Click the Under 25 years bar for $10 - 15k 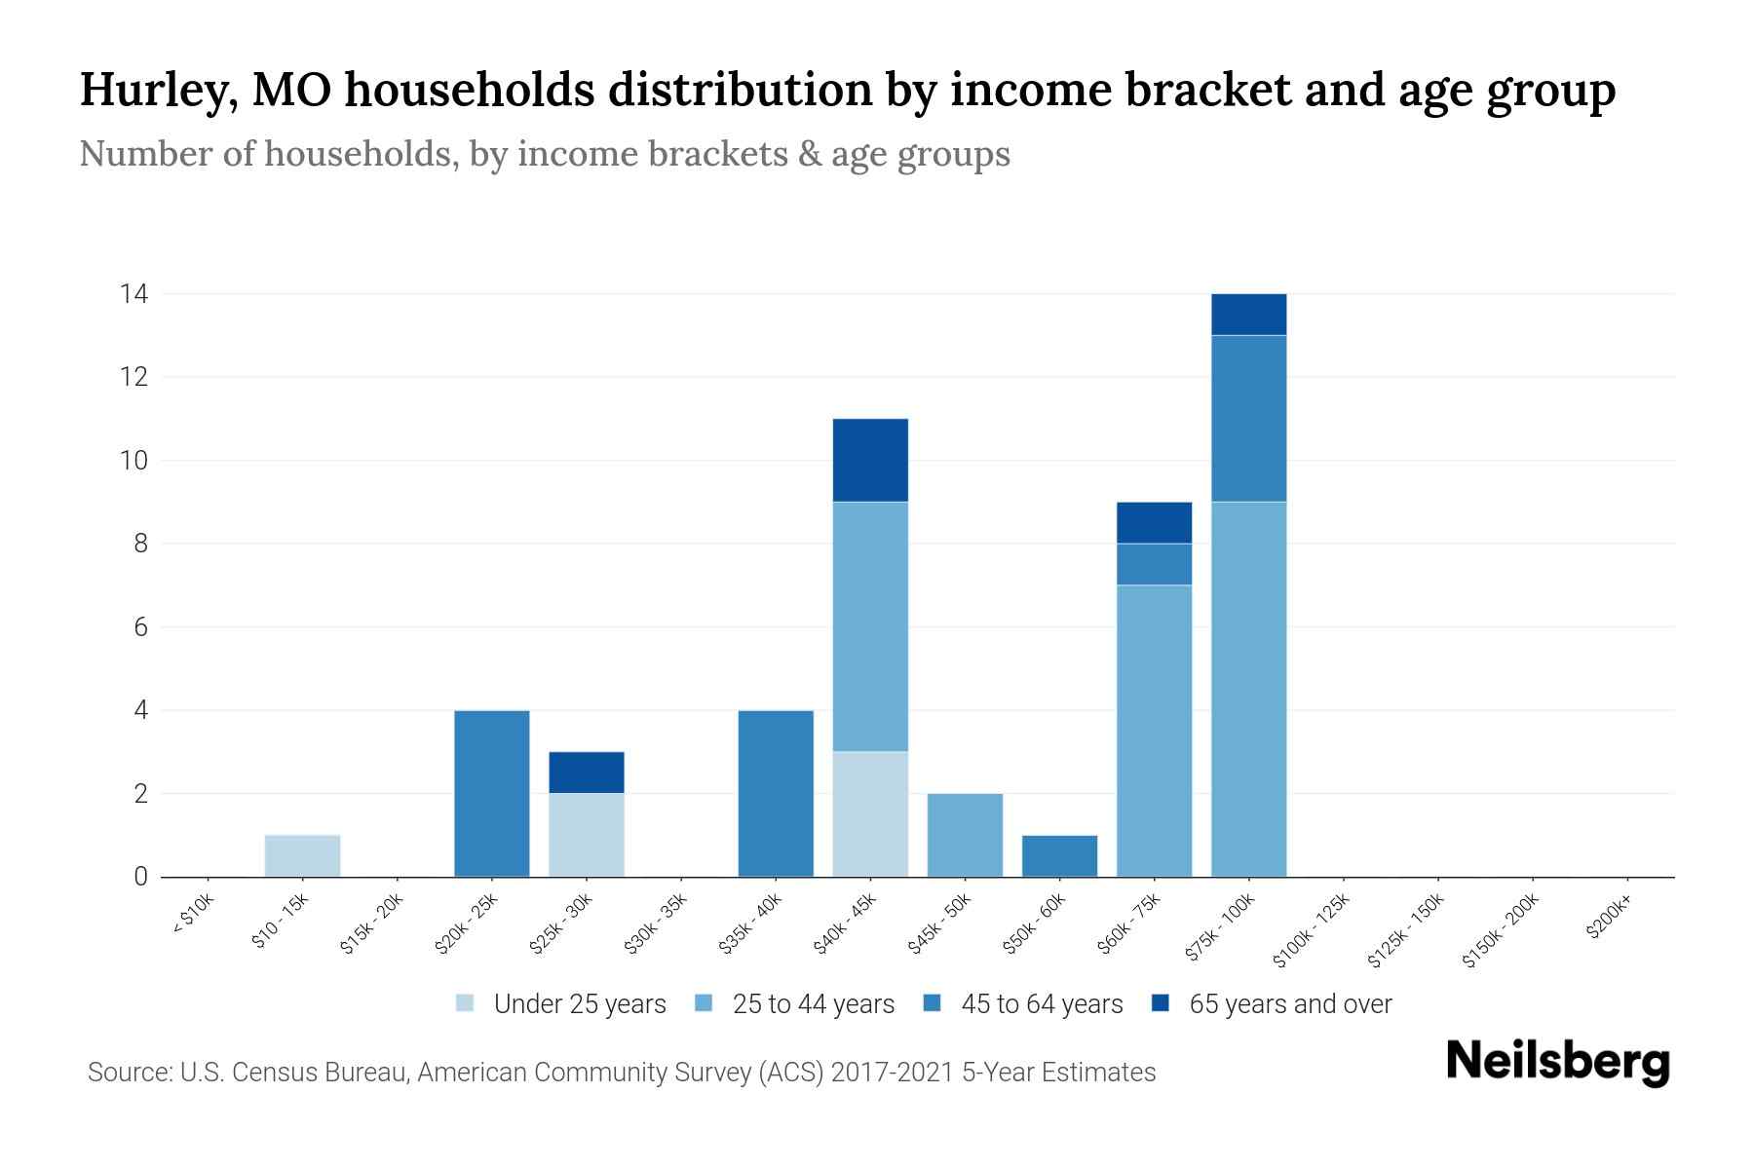point(302,855)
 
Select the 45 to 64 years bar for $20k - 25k point(492,793)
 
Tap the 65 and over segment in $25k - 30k point(587,772)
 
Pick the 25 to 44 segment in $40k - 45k point(870,625)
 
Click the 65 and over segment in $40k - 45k point(870,460)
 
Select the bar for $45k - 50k point(965,835)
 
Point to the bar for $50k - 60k point(1059,855)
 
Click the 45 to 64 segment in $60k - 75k point(1154,563)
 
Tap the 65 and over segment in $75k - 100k point(1248,314)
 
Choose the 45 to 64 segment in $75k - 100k point(1248,418)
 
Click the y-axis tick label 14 point(133,293)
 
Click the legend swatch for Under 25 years point(465,1002)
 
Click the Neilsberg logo point(1557,1061)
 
